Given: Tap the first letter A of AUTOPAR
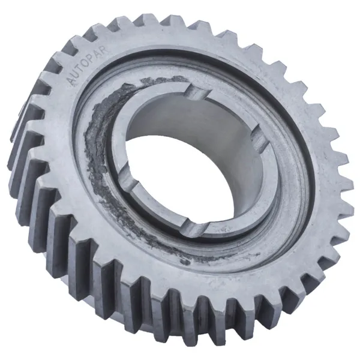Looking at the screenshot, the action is tap(71, 82).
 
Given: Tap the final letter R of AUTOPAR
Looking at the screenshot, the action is tap(104, 50).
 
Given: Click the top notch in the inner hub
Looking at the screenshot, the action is tap(197, 92).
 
